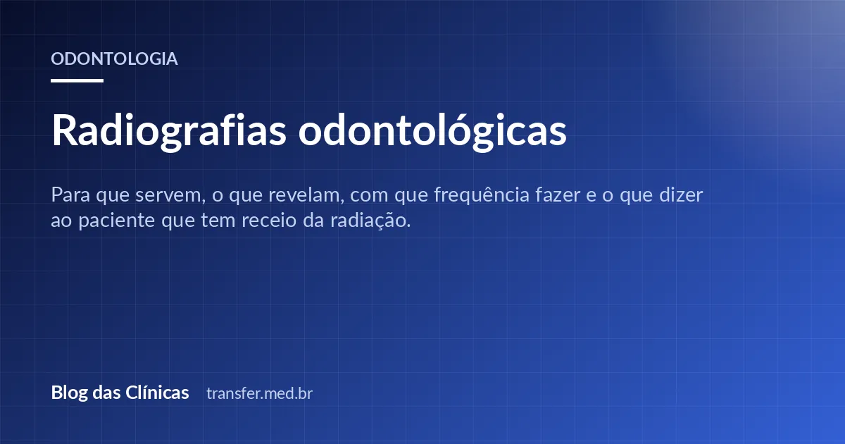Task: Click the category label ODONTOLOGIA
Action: tap(114, 59)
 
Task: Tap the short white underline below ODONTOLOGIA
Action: tap(77, 80)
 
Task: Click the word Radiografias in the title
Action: tap(168, 131)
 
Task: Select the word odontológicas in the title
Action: tap(432, 131)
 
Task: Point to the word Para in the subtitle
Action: tap(70, 195)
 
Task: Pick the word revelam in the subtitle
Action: tap(306, 195)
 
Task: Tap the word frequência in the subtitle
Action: tap(482, 196)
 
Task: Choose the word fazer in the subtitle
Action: tap(558, 195)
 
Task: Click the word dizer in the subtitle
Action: tap(681, 195)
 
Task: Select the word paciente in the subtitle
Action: tap(117, 221)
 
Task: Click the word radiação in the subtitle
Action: tap(370, 221)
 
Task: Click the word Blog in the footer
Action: tap(69, 393)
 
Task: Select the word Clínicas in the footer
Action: tap(157, 393)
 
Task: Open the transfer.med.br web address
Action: tap(260, 393)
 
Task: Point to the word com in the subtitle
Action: tap(369, 196)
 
